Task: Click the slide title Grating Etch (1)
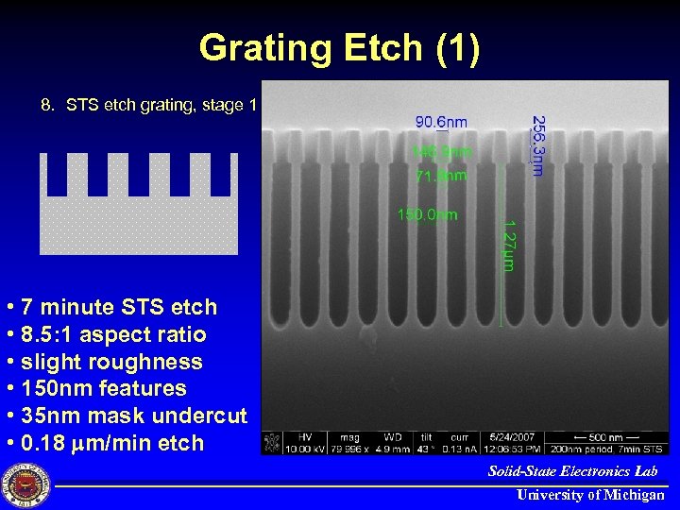tap(340, 48)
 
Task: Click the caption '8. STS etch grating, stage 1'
tap(148, 105)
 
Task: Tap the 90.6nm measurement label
tap(441, 122)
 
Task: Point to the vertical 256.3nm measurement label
tap(536, 144)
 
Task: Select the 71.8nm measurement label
tap(441, 176)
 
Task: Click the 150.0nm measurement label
tap(427, 214)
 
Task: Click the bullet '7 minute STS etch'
tap(111, 307)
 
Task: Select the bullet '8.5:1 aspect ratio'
tap(107, 334)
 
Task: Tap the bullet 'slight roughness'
tap(104, 362)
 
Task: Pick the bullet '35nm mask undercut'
tap(127, 416)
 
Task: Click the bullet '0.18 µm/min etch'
tap(105, 443)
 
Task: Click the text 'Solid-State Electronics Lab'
tap(572, 470)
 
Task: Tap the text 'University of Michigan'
tap(590, 495)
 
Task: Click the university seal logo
tap(25, 484)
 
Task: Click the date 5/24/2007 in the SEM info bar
tap(512, 437)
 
